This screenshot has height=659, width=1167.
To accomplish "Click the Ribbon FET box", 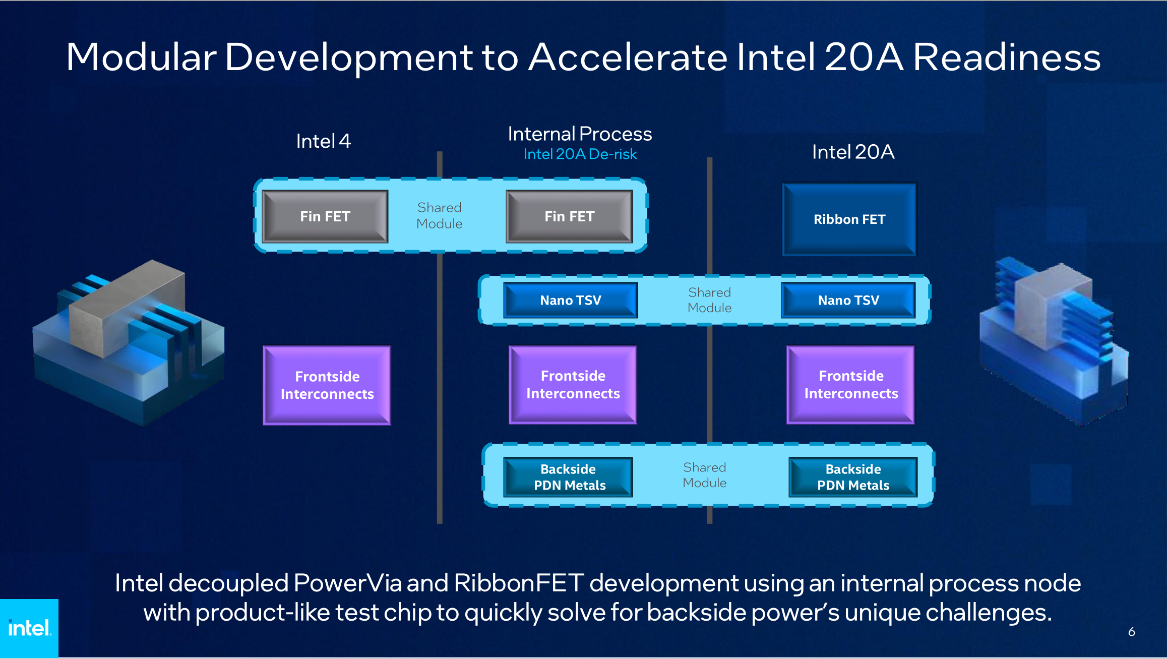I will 849,219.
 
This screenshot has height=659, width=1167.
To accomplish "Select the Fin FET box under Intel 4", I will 325,216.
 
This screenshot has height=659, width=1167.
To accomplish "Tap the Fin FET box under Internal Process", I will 569,216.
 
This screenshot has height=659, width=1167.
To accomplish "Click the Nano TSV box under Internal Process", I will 570,301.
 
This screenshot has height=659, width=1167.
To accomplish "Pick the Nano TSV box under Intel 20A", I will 848,301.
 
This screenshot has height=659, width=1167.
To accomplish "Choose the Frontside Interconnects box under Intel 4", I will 327,385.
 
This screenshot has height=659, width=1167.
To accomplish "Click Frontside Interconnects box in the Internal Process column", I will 573,385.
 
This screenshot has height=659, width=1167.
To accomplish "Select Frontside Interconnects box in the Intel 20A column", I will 851,385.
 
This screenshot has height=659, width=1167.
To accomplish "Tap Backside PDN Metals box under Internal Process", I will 569,477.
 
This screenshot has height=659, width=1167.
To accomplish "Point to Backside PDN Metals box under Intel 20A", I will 853,477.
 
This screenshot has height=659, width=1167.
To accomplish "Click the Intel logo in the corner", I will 29,628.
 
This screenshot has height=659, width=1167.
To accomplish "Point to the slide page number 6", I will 1132,632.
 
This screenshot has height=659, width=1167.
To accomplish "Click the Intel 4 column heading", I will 323,141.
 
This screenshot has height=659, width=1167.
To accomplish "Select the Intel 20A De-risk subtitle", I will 580,154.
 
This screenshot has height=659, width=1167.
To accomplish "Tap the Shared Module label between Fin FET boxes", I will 439,216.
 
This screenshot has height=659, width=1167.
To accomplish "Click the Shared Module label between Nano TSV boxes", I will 709,300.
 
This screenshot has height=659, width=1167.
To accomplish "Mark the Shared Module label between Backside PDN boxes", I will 705,475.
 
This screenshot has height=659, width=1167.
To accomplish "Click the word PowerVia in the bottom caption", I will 347,583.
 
